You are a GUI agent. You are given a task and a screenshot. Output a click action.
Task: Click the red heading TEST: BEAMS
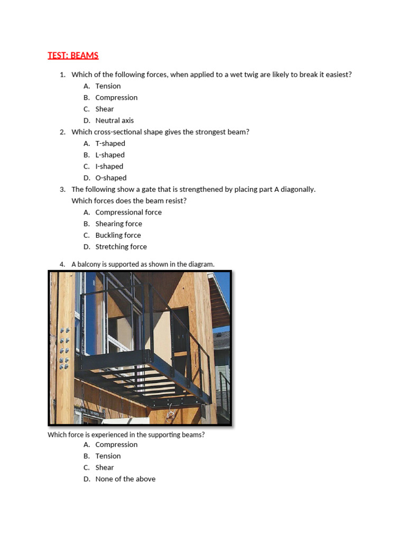pos(73,55)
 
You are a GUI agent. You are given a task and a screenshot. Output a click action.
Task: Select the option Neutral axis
pos(114,120)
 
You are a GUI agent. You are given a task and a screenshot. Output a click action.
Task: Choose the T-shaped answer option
pos(110,144)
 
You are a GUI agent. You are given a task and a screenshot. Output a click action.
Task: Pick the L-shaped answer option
pos(110,155)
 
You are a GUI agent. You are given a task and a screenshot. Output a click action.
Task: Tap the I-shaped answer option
pos(109,166)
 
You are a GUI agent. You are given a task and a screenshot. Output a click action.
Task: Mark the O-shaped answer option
pos(110,178)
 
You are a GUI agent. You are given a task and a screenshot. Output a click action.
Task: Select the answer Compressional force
pos(128,212)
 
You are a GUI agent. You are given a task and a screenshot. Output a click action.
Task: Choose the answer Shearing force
pos(118,224)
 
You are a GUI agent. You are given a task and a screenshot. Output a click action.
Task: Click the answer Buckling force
pos(118,236)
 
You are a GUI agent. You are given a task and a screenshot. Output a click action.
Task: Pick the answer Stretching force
pos(121,247)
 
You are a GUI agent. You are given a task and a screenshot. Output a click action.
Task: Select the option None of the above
pos(125,479)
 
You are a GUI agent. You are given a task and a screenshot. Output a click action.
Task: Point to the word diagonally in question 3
pos(298,189)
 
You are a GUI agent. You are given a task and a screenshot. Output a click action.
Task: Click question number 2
pos(62,132)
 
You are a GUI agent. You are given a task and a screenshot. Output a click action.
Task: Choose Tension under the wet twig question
pos(108,86)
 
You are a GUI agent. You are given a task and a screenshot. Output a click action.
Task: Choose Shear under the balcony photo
pos(105,468)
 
